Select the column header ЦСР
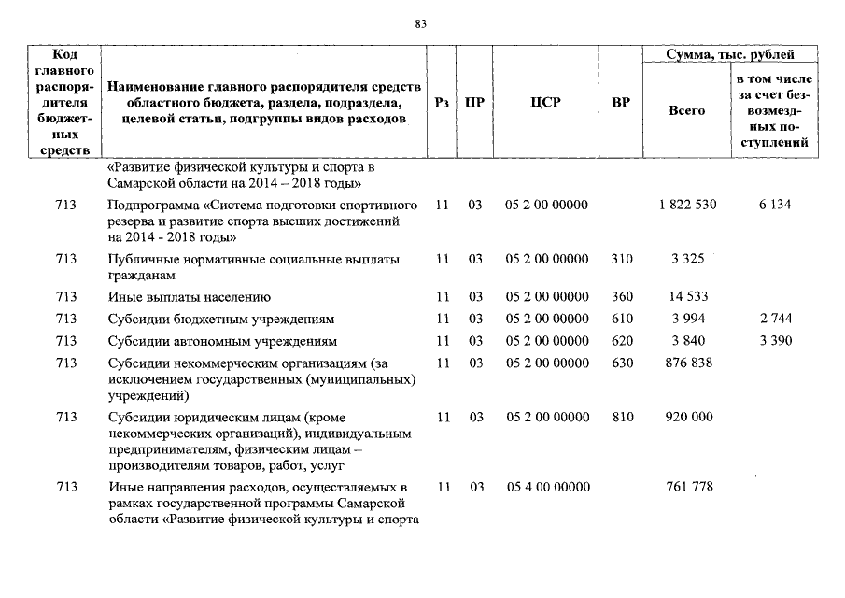[546, 102]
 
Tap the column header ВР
[620, 102]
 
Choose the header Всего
[686, 110]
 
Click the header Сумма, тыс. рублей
[730, 56]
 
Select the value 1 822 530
[687, 205]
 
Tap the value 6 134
[774, 205]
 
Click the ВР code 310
[621, 259]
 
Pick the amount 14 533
[688, 297]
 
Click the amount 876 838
[688, 362]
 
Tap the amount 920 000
[688, 417]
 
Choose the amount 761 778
[688, 487]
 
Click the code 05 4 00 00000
[546, 487]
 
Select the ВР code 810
[621, 417]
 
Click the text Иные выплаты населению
[189, 297]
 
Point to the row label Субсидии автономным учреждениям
[222, 340]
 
